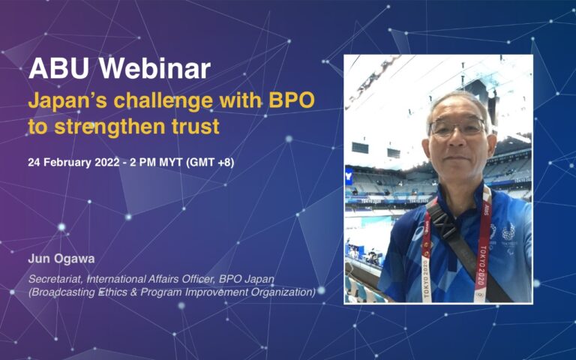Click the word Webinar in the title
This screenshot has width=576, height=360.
click(x=155, y=68)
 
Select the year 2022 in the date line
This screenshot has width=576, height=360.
click(x=107, y=162)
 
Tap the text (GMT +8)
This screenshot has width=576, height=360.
click(x=210, y=162)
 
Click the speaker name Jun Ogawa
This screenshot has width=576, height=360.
click(x=61, y=259)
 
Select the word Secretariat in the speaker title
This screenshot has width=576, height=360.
click(x=56, y=279)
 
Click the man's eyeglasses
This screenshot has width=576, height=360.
click(x=457, y=127)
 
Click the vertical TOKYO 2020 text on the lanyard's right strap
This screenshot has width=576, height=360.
click(x=483, y=266)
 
